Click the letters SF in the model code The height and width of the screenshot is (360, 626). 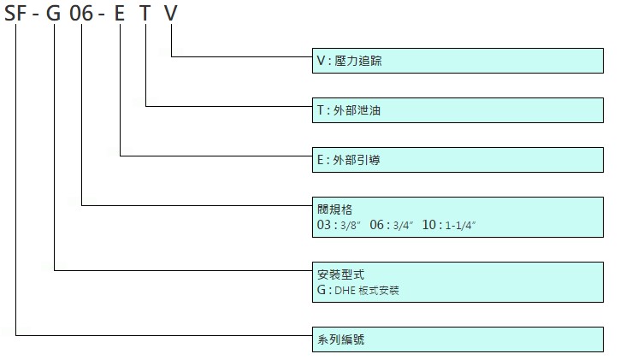(15, 13)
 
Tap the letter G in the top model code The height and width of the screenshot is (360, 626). (54, 13)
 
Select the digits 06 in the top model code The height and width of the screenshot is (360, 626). (81, 13)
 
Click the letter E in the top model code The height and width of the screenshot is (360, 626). (120, 13)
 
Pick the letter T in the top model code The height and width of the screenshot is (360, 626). (145, 13)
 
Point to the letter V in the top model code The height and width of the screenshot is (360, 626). (171, 13)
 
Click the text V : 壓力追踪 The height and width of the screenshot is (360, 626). (349, 61)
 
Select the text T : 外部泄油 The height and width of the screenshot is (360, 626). (349, 110)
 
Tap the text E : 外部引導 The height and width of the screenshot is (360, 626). (349, 160)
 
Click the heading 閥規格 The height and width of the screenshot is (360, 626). (334, 210)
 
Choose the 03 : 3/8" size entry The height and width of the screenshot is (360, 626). (339, 225)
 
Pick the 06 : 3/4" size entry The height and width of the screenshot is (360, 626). (392, 225)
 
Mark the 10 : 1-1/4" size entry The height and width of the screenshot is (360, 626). (449, 225)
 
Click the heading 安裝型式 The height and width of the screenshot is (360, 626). (340, 274)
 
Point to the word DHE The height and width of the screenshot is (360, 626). (345, 290)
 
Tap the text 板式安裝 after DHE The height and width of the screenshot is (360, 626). (379, 290)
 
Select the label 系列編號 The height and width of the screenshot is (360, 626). (340, 339)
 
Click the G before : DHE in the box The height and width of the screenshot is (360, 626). (322, 290)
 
